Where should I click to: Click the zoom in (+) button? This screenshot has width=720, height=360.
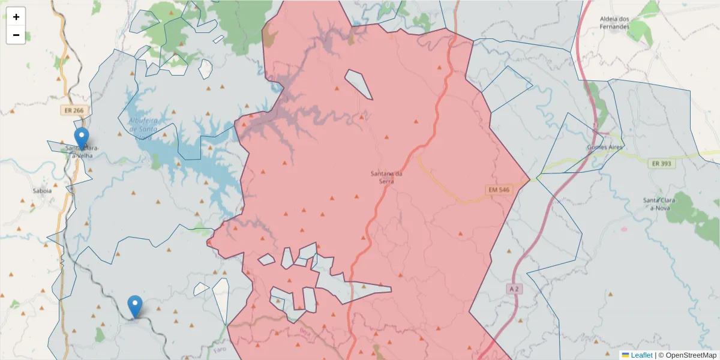click(16, 17)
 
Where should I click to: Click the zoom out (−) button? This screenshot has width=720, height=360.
click(16, 35)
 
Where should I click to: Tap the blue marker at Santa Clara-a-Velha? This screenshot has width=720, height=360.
click(81, 137)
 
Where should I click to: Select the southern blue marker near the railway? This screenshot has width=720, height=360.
click(135, 305)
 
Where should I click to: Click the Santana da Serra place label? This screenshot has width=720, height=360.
click(386, 178)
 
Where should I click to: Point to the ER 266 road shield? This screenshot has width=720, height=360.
click(71, 111)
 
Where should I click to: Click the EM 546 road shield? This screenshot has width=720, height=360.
click(499, 190)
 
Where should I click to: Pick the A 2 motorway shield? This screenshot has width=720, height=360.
click(514, 289)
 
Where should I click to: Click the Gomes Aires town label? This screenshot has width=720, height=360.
click(604, 147)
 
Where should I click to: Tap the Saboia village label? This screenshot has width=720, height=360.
click(42, 191)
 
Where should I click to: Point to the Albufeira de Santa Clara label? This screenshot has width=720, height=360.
click(143, 126)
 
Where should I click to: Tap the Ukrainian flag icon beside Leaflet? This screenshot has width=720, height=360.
click(625, 355)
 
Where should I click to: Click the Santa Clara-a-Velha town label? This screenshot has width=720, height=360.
click(84, 152)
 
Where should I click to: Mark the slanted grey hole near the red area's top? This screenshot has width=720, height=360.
click(359, 84)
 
